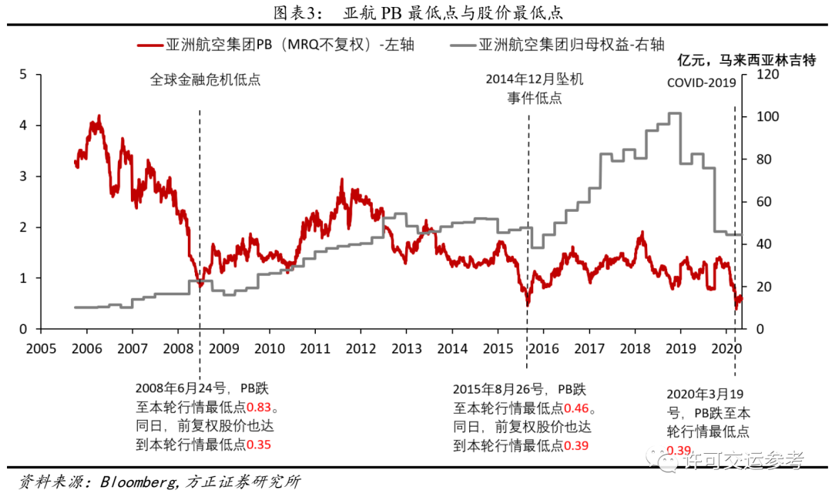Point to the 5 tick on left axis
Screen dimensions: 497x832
(23, 74)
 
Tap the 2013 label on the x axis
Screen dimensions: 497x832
(406, 348)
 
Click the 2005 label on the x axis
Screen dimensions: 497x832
(41, 348)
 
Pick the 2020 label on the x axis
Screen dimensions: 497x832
(726, 348)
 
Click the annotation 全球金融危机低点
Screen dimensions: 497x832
(205, 79)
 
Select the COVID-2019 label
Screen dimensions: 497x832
(703, 83)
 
